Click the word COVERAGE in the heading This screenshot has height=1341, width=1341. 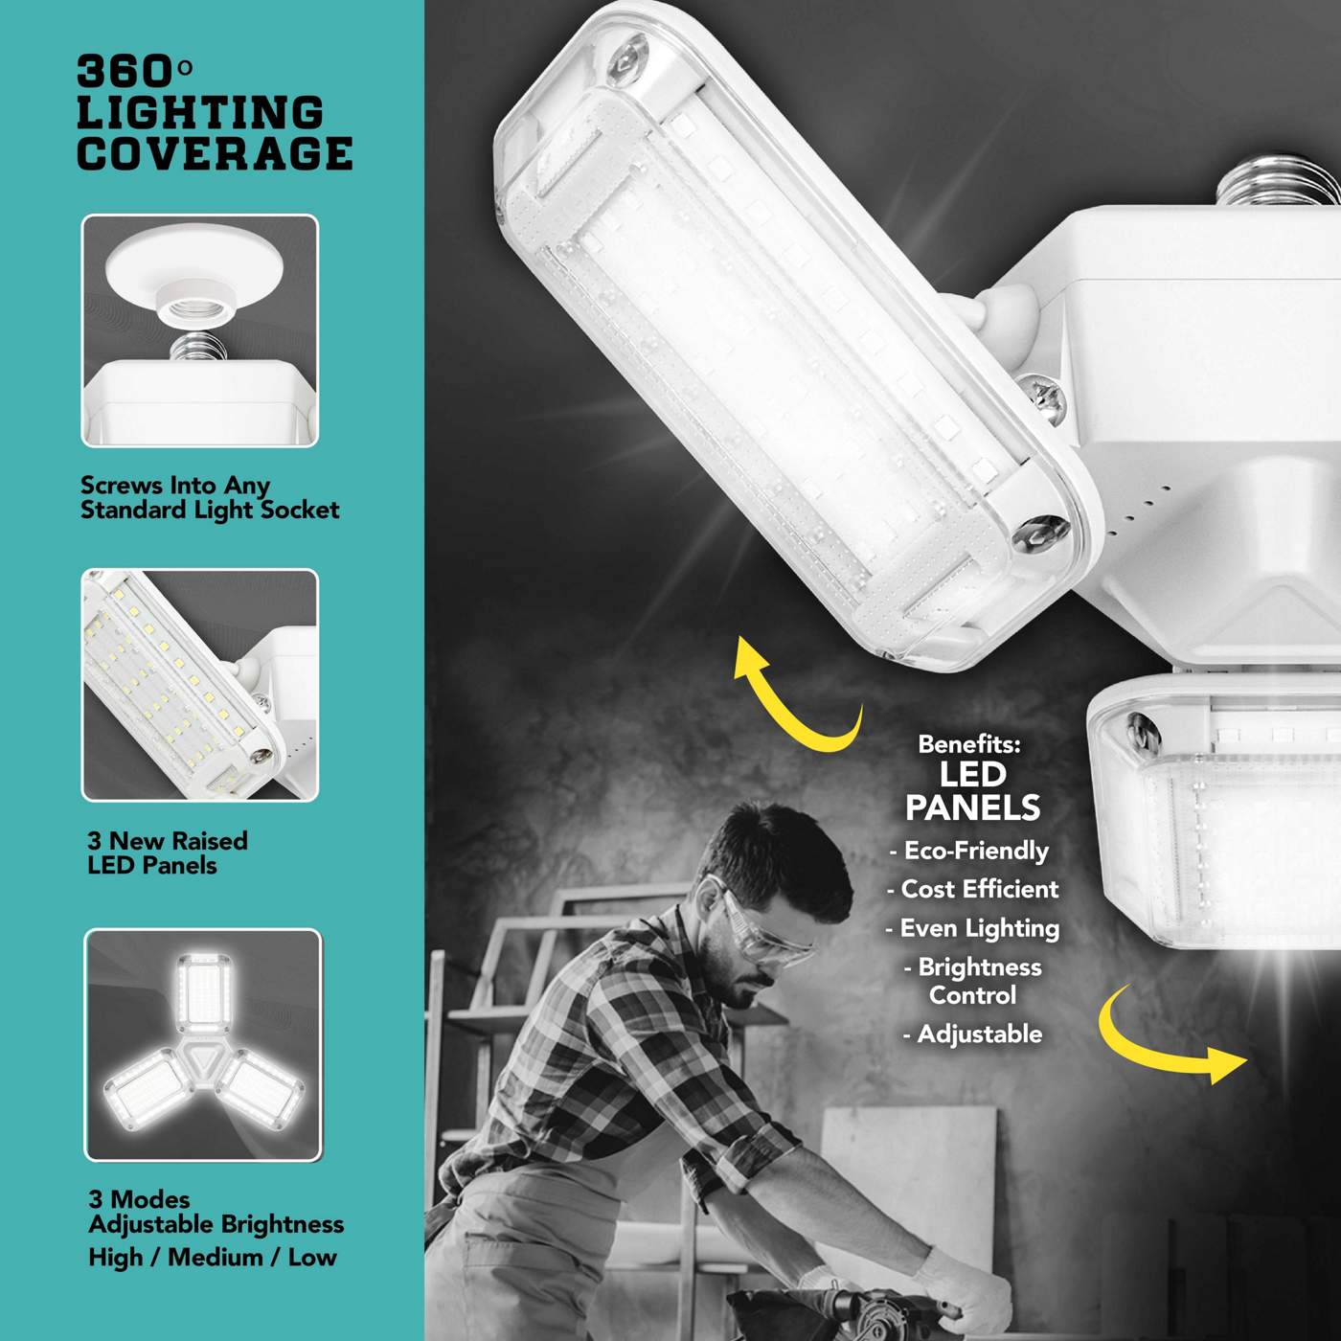click(215, 153)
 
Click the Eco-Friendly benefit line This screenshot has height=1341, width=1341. click(968, 852)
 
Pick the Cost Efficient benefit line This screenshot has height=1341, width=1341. click(973, 889)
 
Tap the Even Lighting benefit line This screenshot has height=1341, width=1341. click(973, 929)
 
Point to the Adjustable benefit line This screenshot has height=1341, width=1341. click(973, 1034)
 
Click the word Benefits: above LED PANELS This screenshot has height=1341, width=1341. click(969, 744)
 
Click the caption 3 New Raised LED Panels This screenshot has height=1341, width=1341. click(167, 853)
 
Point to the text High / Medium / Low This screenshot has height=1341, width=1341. click(213, 1257)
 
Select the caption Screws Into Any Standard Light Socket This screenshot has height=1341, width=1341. click(210, 497)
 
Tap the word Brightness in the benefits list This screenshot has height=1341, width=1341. click(980, 967)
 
